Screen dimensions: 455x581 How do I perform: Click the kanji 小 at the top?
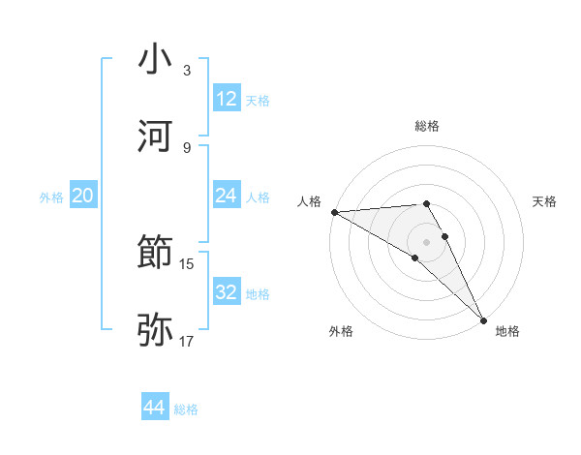(x=156, y=60)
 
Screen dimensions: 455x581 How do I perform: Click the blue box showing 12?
(x=227, y=99)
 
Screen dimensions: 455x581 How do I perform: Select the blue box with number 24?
(x=227, y=196)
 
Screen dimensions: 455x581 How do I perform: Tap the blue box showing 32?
(x=227, y=292)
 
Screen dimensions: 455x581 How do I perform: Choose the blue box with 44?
(x=155, y=408)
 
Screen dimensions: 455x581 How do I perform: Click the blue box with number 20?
(x=82, y=196)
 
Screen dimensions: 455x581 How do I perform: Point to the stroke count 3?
(x=187, y=71)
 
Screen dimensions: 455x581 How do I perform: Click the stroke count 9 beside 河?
(x=187, y=147)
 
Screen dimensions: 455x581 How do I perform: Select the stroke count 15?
(x=187, y=263)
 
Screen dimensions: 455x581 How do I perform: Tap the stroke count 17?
(x=187, y=340)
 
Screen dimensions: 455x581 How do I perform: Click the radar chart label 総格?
(x=427, y=126)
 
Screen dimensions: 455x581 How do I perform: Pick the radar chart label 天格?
(x=545, y=201)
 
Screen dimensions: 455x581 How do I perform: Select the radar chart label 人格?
(x=310, y=201)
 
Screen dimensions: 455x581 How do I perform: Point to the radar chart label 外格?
(x=341, y=331)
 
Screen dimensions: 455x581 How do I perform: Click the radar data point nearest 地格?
(x=483, y=318)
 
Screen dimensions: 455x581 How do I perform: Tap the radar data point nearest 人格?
(x=334, y=212)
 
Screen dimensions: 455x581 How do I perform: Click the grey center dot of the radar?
(x=427, y=241)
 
